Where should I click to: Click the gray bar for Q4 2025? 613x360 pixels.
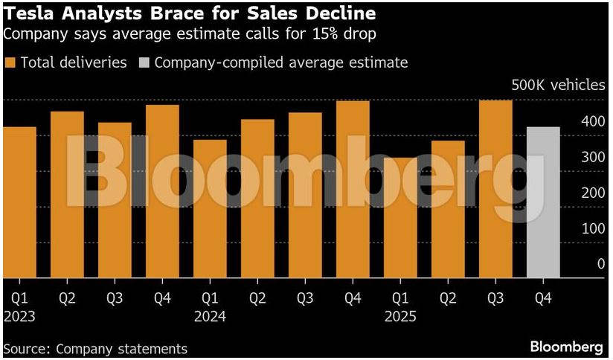(543, 202)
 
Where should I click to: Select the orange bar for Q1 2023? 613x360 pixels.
(19, 202)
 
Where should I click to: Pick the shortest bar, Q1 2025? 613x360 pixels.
(400, 218)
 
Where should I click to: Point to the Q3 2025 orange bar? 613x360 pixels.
(495, 189)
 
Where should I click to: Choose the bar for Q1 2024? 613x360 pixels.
(210, 209)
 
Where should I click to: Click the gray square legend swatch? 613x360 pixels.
(145, 62)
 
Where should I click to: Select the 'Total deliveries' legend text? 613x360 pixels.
(74, 62)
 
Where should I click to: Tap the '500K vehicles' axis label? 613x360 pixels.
(558, 85)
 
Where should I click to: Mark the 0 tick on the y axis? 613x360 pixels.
(600, 263)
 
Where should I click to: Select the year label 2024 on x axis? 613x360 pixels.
(210, 316)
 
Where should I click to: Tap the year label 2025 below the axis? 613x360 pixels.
(400, 316)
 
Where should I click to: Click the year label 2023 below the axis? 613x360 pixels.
(19, 316)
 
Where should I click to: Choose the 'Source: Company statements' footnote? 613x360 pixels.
(96, 348)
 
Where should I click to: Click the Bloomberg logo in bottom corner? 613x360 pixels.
(566, 347)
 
